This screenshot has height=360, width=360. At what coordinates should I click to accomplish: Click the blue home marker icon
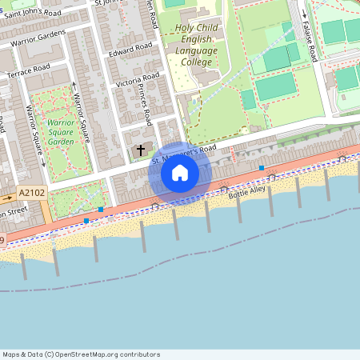180,173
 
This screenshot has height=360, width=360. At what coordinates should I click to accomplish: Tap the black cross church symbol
142,150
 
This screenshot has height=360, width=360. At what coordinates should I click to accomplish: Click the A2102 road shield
32,193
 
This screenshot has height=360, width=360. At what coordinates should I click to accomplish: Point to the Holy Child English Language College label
196,45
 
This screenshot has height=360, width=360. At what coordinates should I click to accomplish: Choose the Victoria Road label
138,82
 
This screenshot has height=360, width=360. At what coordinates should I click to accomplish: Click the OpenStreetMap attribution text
81,354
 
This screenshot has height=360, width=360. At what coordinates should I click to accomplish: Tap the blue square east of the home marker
262,168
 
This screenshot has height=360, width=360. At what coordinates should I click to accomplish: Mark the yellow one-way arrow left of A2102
7,197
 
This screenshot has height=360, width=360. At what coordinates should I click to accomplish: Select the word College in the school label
196,62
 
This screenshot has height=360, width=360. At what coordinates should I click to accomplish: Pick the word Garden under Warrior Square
61,141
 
